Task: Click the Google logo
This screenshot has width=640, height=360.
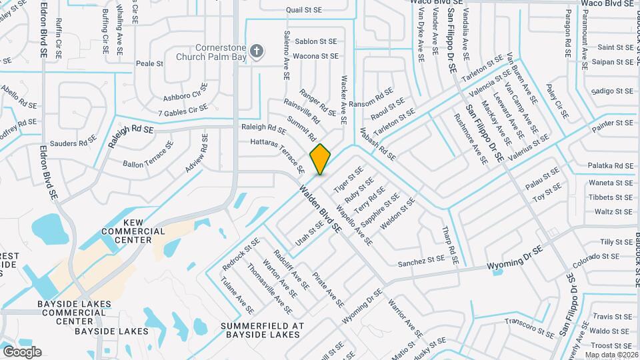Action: tap(22, 352)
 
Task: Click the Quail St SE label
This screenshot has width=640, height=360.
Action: tap(305, 10)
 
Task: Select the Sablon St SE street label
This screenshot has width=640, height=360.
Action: tap(316, 41)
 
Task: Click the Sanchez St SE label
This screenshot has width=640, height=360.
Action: tap(421, 261)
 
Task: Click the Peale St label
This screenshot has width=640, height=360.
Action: tap(149, 64)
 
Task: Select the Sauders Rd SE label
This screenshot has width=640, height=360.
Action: tap(73, 143)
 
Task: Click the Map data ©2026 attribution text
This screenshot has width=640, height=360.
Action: tap(611, 354)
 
